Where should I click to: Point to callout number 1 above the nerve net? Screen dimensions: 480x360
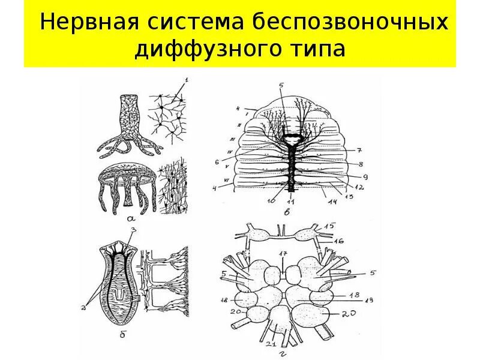click(x=186, y=80)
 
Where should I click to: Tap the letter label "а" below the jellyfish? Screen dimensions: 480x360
click(x=130, y=220)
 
